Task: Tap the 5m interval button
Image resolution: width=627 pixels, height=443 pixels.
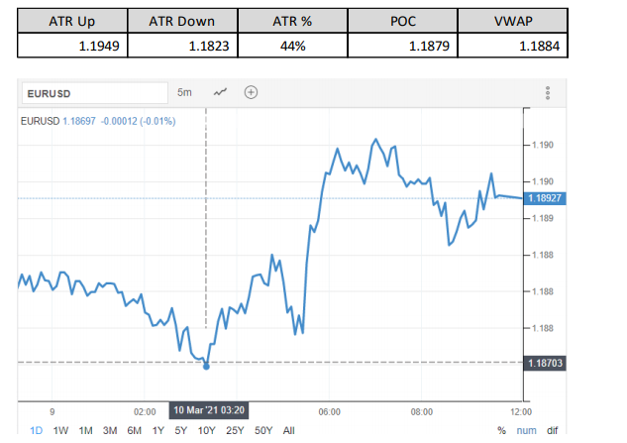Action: coord(185,92)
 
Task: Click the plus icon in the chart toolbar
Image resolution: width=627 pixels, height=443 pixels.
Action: coord(252,92)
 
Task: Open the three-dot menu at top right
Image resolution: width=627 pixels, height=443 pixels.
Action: coord(547,92)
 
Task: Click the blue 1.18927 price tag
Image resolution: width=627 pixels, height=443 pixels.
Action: coord(546,198)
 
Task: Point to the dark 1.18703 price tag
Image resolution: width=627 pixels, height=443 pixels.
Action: coord(546,364)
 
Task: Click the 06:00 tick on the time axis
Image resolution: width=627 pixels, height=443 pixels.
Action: coord(330,410)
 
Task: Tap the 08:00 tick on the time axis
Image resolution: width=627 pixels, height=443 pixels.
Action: coord(422,410)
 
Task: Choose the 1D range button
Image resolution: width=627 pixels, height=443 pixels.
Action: coord(36,430)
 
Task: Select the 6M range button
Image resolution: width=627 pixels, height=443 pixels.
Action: coord(134,430)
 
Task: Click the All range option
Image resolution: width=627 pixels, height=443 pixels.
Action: coord(288,430)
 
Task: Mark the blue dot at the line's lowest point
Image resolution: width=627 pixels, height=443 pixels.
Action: coord(206,366)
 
